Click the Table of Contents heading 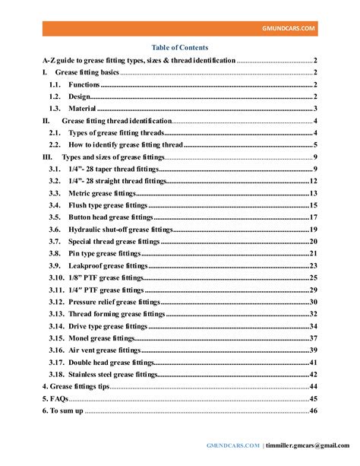coord(179,47)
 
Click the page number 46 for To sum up coord(313,411)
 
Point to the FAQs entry coord(57,398)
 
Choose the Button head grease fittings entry coord(111,217)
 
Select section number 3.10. coord(55,277)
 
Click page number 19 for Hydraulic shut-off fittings coord(313,230)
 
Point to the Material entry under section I coord(82,109)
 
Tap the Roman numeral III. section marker coord(47,157)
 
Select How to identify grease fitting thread coord(125,144)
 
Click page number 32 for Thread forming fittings coord(313,314)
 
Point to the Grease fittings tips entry coord(75,386)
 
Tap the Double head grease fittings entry coord(113,362)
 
